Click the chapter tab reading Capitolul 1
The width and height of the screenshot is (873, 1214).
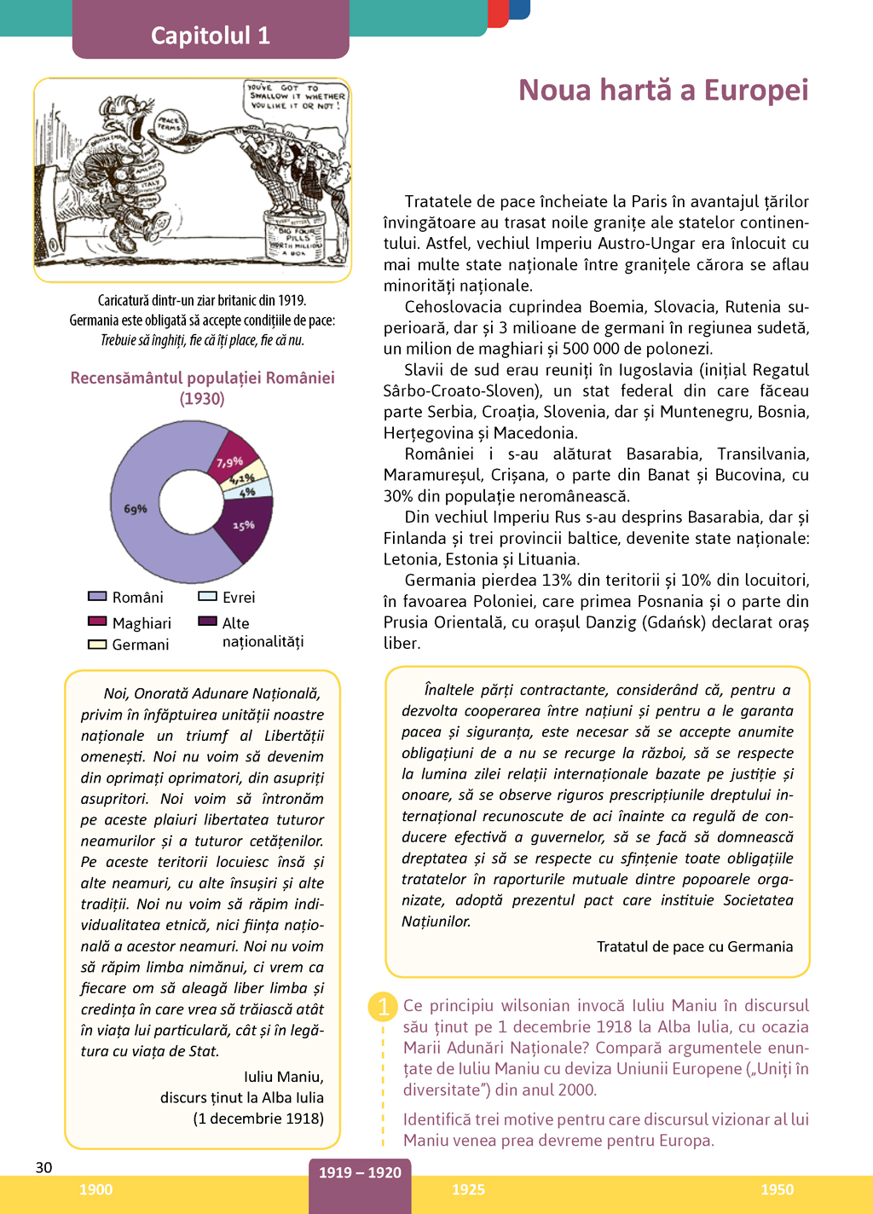(x=211, y=35)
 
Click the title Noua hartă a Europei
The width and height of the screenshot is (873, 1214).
(x=663, y=90)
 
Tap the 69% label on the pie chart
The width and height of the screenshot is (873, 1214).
(x=136, y=509)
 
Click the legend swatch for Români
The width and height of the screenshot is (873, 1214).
(x=97, y=597)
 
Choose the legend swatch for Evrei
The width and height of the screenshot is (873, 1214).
(x=207, y=597)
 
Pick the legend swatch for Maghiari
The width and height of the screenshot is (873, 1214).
(x=97, y=621)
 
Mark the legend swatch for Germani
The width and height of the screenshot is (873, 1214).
(x=97, y=645)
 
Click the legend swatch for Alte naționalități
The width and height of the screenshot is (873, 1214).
(x=207, y=621)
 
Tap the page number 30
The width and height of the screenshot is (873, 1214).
(x=43, y=1167)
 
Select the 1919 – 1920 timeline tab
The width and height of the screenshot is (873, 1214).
(x=360, y=1174)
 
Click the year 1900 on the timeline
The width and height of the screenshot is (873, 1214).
(x=95, y=1190)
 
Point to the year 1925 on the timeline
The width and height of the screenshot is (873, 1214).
(x=468, y=1190)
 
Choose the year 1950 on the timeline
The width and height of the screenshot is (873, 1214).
(x=777, y=1190)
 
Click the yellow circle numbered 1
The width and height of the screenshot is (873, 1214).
(x=383, y=1007)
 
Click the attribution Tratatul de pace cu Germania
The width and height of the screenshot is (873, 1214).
(x=694, y=946)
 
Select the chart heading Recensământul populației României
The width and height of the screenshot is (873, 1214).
(x=202, y=379)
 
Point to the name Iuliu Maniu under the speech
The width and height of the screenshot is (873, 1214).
(x=283, y=1077)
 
